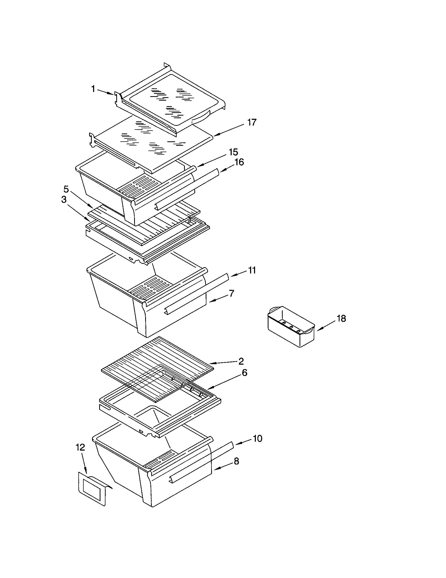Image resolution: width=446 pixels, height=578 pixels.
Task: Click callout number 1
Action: pyautogui.click(x=93, y=89)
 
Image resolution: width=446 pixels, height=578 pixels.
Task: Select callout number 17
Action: pyautogui.click(x=252, y=122)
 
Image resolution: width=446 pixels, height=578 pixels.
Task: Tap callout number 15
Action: pyautogui.click(x=233, y=152)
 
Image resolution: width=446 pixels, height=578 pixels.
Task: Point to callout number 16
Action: pyautogui.click(x=239, y=162)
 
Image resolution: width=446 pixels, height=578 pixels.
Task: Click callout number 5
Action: pyautogui.click(x=66, y=189)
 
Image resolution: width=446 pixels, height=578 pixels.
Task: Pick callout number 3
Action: pyautogui.click(x=64, y=200)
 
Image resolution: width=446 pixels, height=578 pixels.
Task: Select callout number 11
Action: pyautogui.click(x=252, y=270)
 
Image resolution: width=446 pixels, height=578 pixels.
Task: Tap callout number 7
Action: pyautogui.click(x=232, y=293)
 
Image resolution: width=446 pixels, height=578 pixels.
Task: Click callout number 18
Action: pyautogui.click(x=342, y=319)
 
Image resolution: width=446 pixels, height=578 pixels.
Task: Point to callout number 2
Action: pyautogui.click(x=241, y=361)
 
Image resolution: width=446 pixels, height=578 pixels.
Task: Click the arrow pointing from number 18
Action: pyautogui.click(x=327, y=326)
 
